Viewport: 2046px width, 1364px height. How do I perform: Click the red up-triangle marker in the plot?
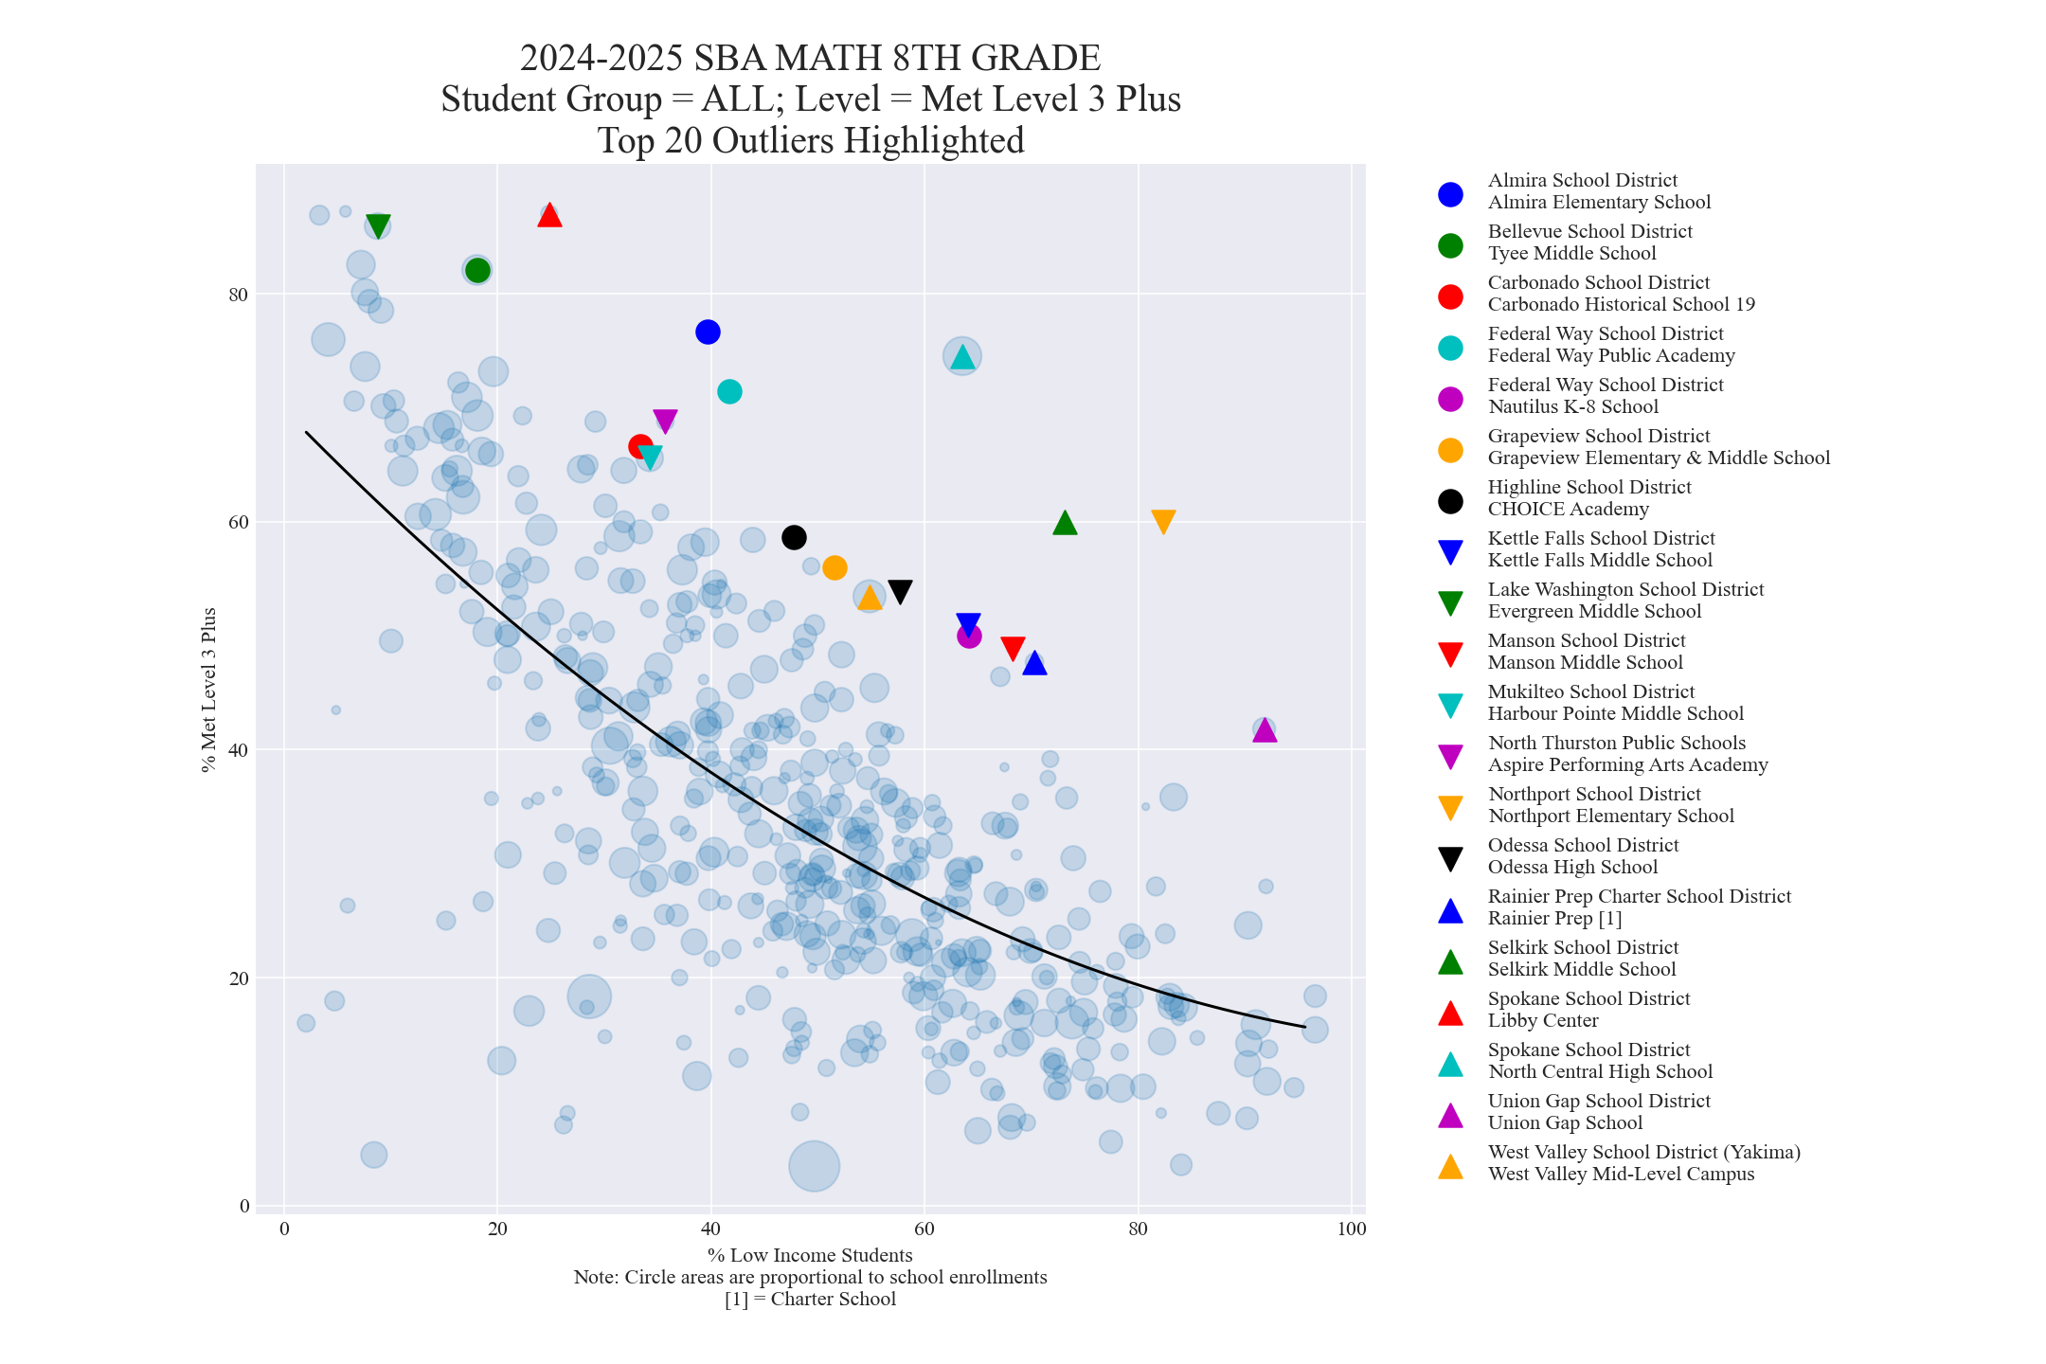pos(549,216)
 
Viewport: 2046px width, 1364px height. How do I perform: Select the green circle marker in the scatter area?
pos(477,270)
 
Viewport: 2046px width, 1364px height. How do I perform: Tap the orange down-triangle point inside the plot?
pos(1163,521)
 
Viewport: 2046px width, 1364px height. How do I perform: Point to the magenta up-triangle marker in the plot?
pos(1264,730)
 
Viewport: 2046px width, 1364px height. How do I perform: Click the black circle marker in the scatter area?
pos(794,537)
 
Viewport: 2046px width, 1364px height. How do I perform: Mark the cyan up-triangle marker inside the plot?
pos(962,357)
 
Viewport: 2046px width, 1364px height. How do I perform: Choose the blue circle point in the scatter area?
pos(708,332)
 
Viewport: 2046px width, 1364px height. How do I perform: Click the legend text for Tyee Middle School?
pos(1571,253)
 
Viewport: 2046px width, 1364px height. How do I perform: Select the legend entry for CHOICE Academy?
pos(1568,509)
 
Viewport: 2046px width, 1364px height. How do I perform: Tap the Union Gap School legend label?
pos(1565,1122)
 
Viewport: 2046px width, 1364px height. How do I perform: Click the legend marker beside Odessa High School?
pos(1450,857)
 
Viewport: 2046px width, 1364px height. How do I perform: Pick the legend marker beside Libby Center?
pos(1450,1012)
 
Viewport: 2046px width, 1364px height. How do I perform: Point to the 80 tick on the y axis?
pos(238,294)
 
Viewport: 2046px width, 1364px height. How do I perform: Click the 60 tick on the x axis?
pos(924,1229)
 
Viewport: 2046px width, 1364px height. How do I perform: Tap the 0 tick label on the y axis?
pos(244,1206)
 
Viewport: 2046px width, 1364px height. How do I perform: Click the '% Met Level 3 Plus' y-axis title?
pos(209,690)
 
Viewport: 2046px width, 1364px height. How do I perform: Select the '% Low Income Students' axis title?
pos(810,1255)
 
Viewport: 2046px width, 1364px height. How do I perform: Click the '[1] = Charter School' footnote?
pos(810,1299)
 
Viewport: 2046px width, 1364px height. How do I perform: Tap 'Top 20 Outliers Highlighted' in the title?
pos(810,140)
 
